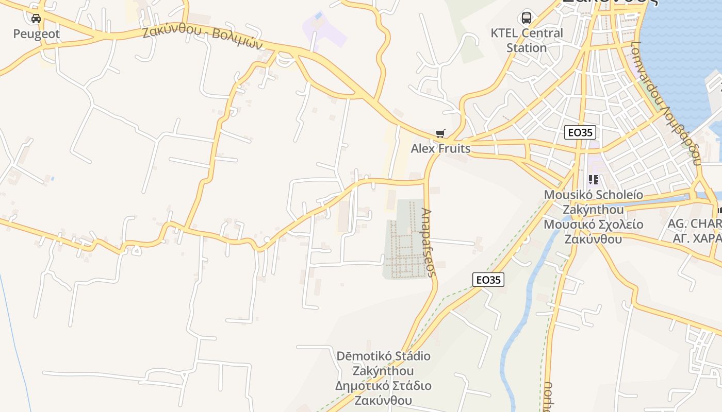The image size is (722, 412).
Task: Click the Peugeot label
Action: point(36,35)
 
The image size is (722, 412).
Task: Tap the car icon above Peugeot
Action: point(36,19)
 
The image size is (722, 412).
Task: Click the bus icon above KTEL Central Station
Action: point(526,18)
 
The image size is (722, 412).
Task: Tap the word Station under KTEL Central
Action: point(526,48)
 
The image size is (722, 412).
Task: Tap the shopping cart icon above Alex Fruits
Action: point(440,134)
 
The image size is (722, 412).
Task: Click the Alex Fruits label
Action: point(440,149)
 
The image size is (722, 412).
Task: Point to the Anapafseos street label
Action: point(429,242)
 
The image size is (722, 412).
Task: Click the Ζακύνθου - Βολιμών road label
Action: point(203,38)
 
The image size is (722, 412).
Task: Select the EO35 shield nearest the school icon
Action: point(580,132)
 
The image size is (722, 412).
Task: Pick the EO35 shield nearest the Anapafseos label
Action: point(488,280)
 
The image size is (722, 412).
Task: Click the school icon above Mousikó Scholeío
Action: point(594,180)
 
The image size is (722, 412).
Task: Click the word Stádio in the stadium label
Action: point(409,356)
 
